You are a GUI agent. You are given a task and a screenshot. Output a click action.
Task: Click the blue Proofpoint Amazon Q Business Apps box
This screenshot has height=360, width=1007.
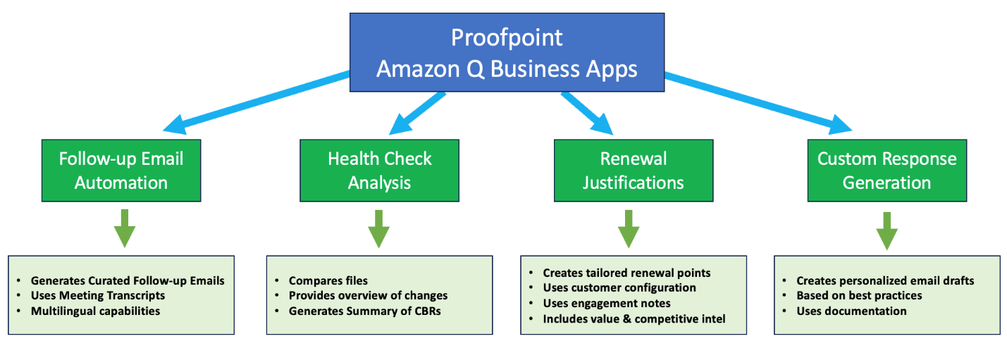(507, 53)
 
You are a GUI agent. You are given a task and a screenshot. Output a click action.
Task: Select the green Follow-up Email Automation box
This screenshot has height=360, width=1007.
(121, 170)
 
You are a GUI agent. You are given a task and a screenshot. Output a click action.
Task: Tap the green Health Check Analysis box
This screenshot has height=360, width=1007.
(379, 170)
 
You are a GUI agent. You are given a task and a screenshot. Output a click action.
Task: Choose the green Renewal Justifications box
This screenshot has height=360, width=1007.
(633, 170)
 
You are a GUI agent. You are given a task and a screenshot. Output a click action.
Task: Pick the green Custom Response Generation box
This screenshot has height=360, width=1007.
(886, 170)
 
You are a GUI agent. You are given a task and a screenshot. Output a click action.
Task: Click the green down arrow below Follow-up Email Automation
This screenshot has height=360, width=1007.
(124, 228)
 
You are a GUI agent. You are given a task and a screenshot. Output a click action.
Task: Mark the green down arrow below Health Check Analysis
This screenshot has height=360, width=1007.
(379, 228)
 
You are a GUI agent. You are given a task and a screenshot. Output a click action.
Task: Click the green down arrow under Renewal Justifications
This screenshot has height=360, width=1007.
(629, 228)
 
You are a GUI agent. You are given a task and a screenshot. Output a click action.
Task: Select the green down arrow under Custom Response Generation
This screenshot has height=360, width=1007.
(886, 229)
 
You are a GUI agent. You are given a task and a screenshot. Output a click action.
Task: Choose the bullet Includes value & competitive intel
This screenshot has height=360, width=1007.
(634, 318)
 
